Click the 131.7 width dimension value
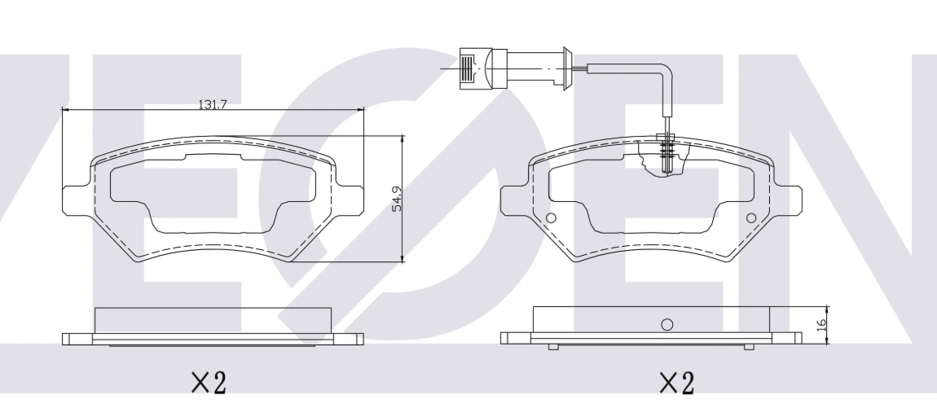click(x=213, y=104)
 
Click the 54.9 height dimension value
click(x=397, y=199)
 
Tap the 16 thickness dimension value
click(x=821, y=324)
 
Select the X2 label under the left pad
click(x=209, y=382)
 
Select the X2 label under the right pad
click(x=677, y=382)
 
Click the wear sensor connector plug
click(x=483, y=68)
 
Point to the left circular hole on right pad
click(x=551, y=218)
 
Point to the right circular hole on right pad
click(x=751, y=218)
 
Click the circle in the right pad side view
click(x=666, y=324)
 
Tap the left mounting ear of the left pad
click(x=77, y=200)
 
